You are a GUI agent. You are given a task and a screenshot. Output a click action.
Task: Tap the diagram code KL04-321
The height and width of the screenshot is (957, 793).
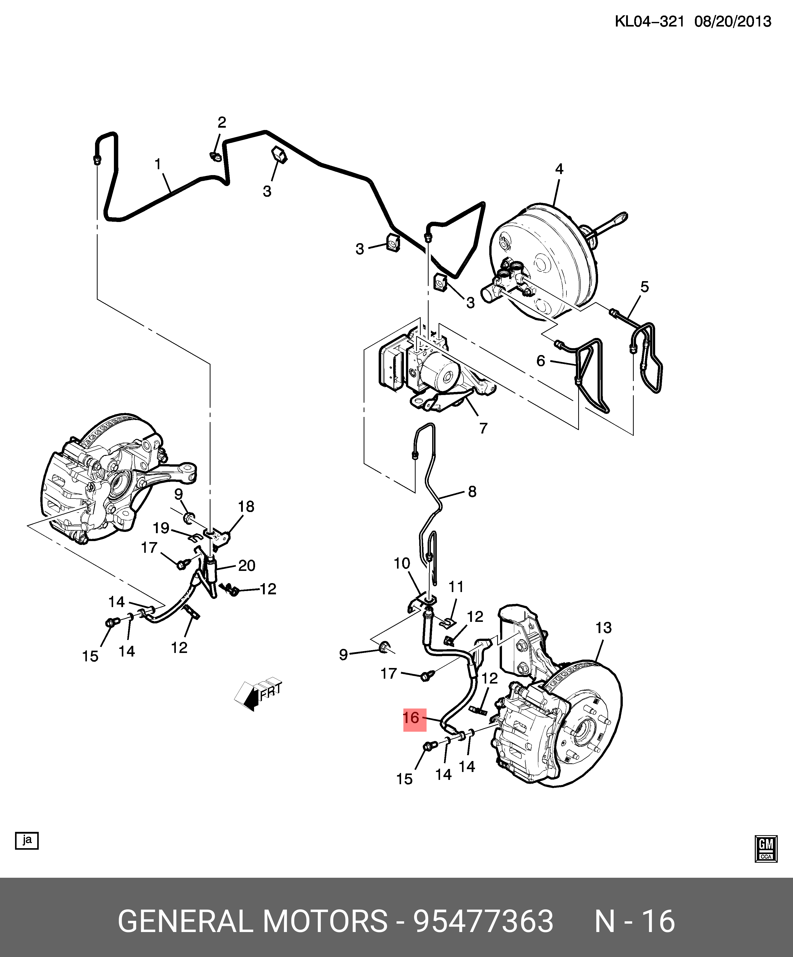649,21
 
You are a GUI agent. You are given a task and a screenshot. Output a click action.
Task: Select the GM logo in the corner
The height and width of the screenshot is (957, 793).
766,848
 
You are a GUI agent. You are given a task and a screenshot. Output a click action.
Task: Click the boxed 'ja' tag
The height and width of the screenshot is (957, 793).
27,840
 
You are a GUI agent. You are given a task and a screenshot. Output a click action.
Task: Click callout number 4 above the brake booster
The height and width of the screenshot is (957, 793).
559,169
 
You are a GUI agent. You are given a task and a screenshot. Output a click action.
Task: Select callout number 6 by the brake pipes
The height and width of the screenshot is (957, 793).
540,361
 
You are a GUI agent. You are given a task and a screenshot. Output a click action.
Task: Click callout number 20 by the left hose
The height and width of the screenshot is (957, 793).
247,566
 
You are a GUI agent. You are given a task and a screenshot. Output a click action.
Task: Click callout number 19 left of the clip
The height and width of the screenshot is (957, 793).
161,528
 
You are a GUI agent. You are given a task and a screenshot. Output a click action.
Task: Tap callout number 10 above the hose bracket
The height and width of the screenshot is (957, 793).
402,564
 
